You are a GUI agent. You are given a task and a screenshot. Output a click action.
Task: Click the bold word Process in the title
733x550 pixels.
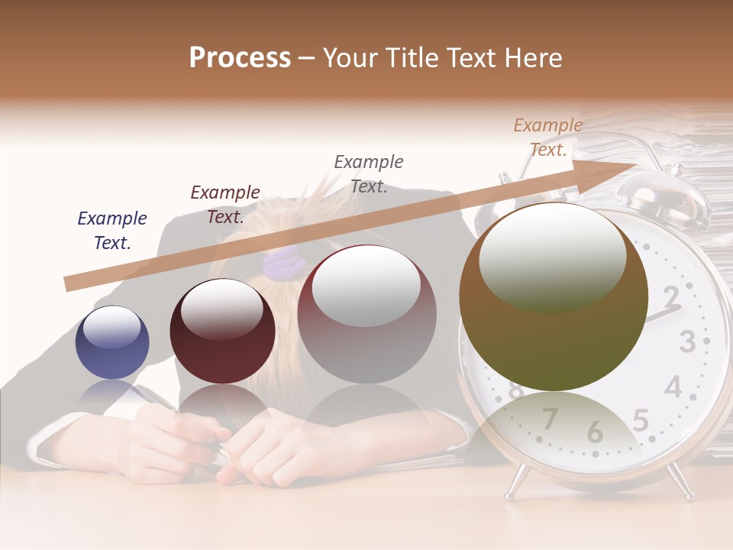(x=240, y=58)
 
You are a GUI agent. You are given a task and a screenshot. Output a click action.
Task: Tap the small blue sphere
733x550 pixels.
(x=112, y=342)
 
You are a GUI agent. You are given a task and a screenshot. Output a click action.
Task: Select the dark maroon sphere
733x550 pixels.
(x=222, y=331)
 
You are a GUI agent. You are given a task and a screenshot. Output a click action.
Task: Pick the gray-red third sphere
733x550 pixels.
(x=366, y=314)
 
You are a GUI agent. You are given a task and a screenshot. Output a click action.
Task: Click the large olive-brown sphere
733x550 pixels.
(x=554, y=297)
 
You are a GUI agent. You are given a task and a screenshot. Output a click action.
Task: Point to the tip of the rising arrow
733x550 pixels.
(x=635, y=163)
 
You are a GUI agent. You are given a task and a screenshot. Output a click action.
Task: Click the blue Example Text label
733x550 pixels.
(x=112, y=231)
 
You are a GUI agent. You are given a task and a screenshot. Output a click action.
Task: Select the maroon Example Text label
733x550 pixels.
(x=225, y=205)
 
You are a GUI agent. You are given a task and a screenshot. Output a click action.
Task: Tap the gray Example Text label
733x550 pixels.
(x=369, y=173)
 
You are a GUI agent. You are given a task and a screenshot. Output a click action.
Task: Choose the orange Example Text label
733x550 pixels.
(x=548, y=137)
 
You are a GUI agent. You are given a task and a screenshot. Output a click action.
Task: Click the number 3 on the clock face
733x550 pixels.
(x=687, y=341)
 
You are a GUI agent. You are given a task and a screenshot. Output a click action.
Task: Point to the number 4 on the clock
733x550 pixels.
(x=673, y=387)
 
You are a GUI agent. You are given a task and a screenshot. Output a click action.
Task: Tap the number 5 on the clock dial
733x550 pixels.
(x=641, y=420)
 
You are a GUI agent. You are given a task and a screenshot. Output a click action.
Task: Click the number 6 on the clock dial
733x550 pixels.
(x=595, y=432)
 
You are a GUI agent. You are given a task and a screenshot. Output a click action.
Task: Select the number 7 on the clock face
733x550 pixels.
(x=550, y=419)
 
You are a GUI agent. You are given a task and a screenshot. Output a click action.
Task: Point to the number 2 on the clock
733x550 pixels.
(x=671, y=296)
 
